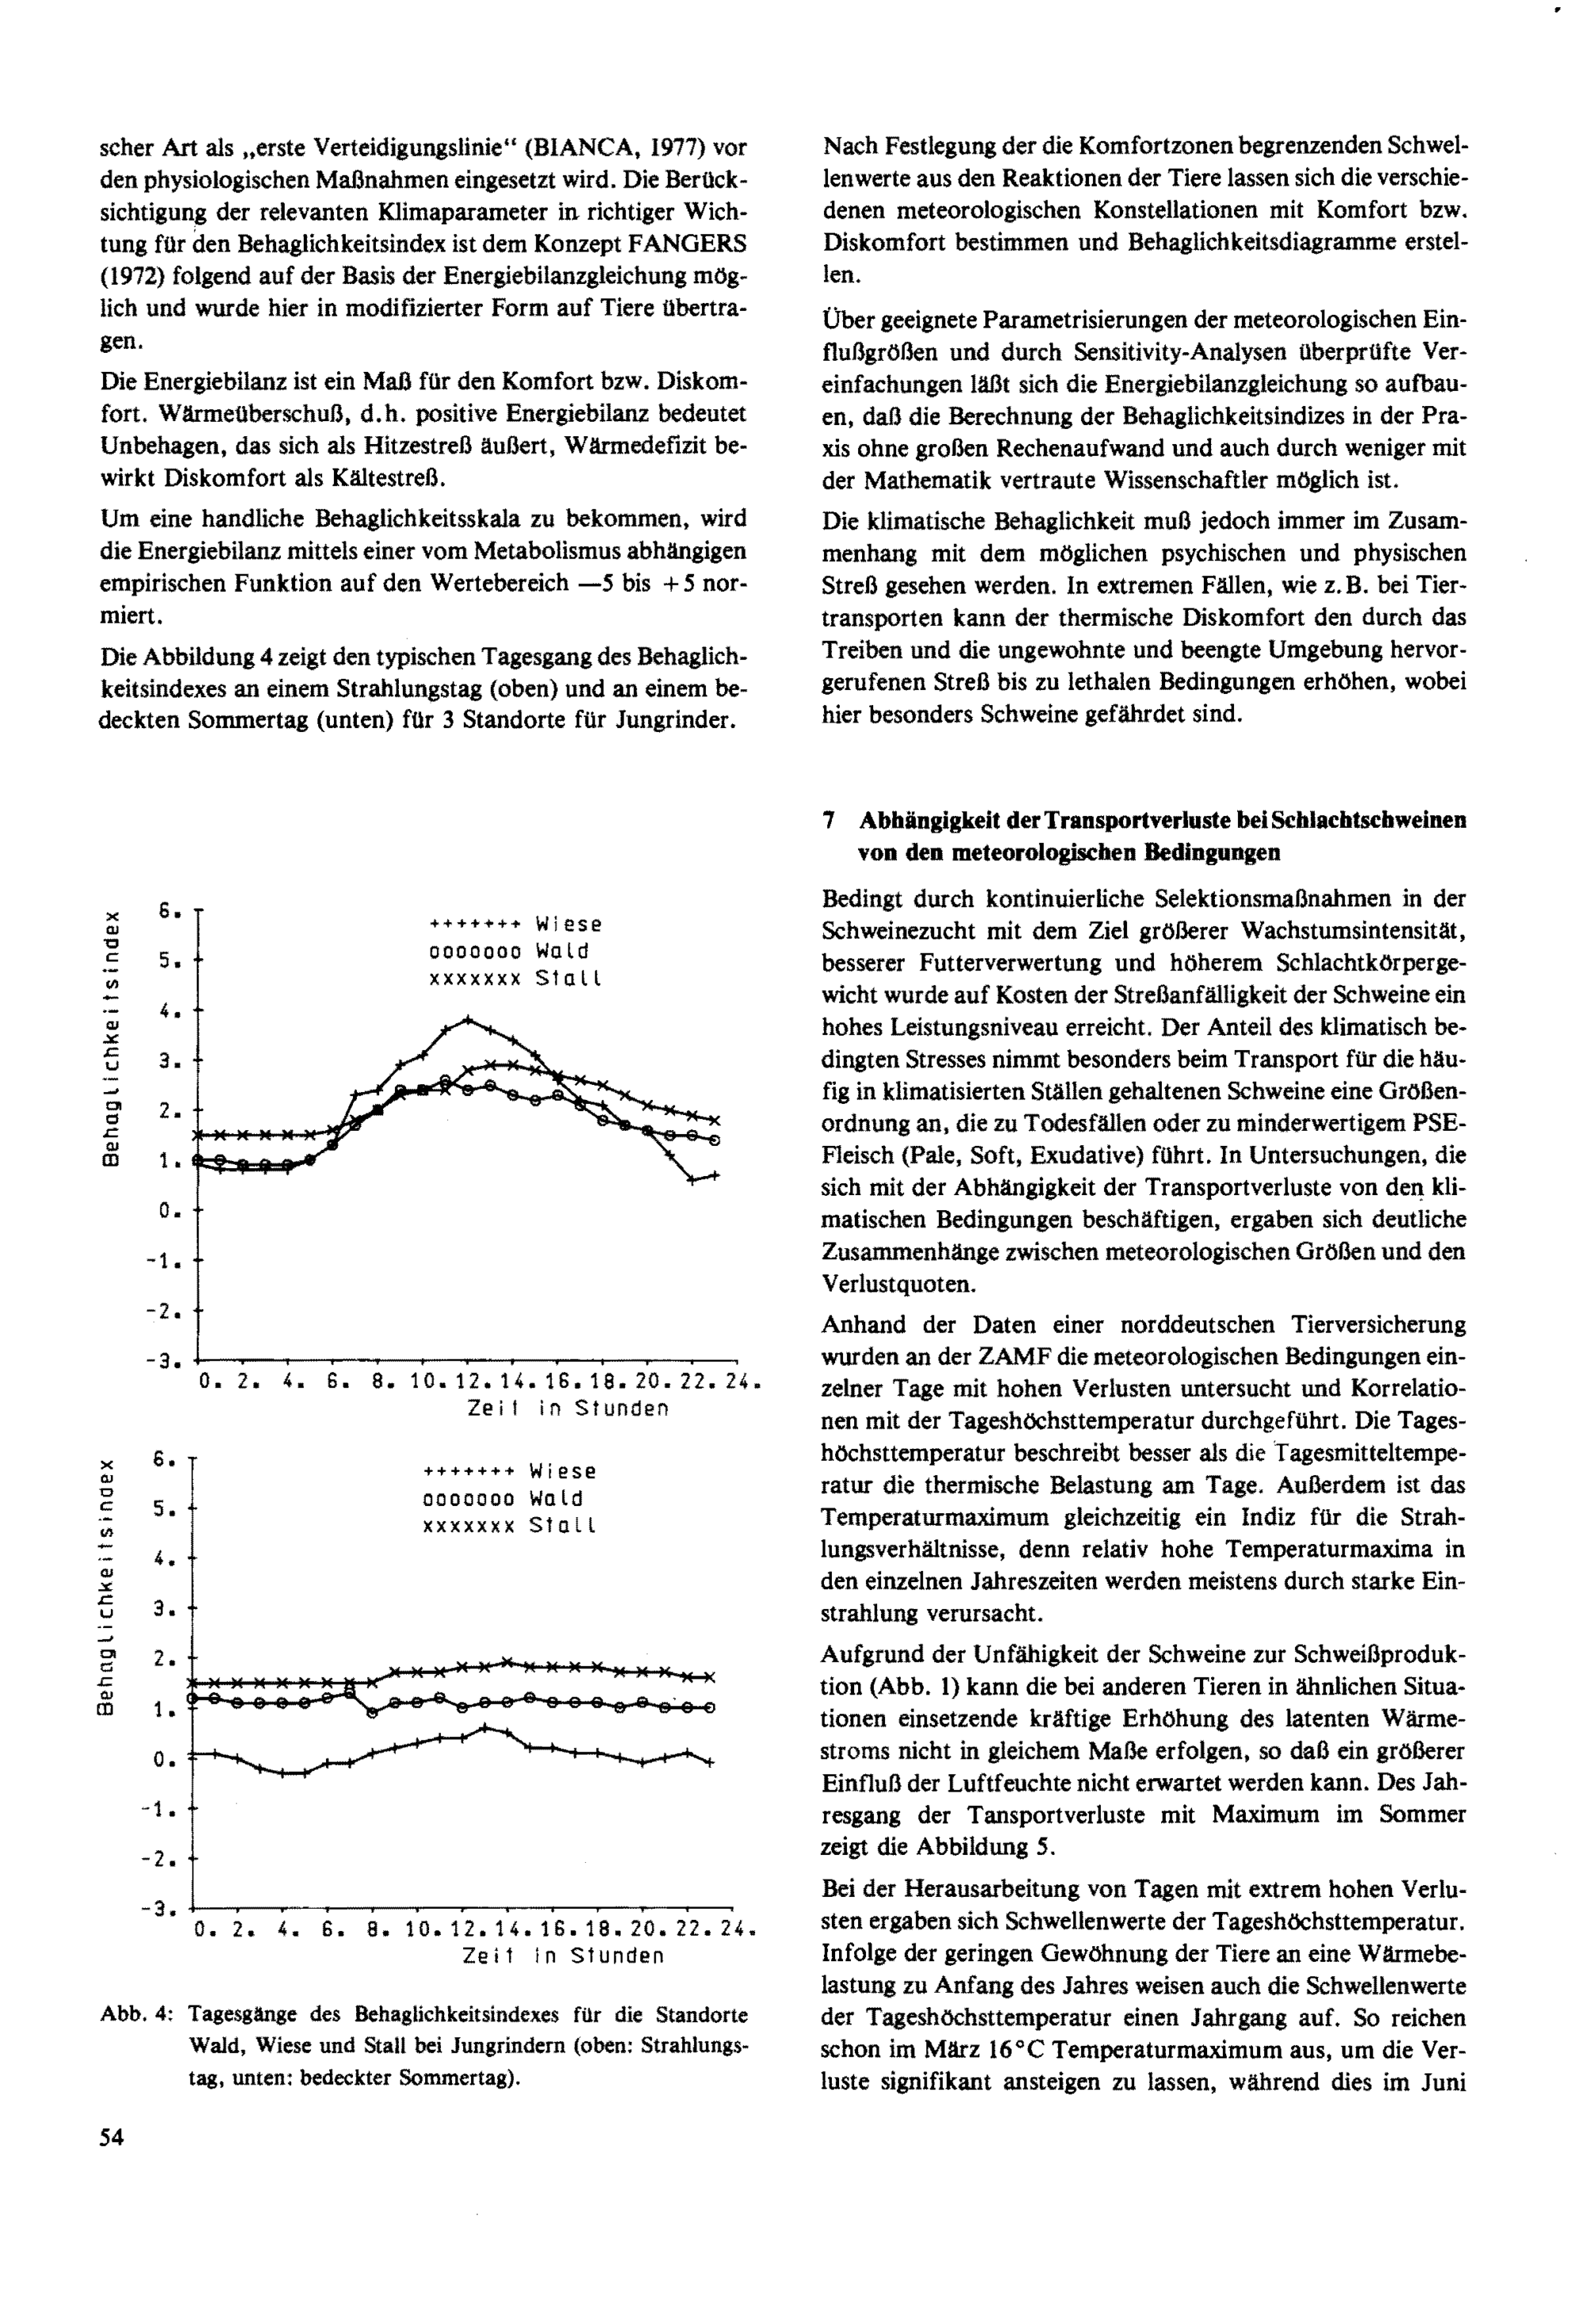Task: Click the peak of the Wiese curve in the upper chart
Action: click(x=468, y=1019)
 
